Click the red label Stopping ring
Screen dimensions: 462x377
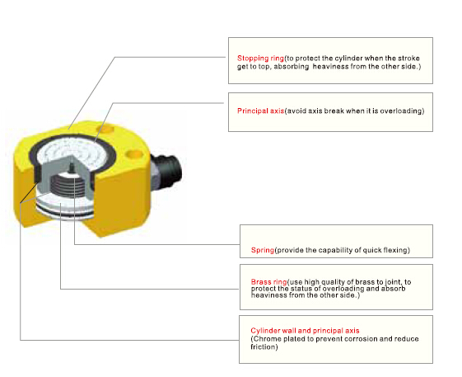pos(260,59)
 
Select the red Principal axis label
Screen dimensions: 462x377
pos(260,111)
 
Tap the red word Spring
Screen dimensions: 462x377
pos(263,250)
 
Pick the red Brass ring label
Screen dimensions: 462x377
pos(268,281)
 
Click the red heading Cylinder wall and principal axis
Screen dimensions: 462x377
pos(305,331)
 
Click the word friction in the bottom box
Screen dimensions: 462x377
pos(263,346)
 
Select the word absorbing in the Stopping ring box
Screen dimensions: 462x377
pos(291,67)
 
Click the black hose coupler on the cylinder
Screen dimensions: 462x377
pos(167,171)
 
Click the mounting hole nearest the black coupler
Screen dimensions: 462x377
pos(134,153)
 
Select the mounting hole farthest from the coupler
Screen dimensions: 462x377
pos(105,128)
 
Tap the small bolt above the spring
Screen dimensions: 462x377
pos(72,168)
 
